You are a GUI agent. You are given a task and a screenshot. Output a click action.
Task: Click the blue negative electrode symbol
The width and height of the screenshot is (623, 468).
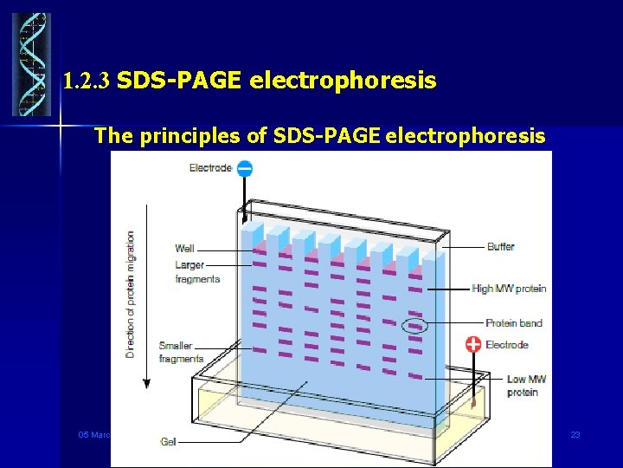[245, 169]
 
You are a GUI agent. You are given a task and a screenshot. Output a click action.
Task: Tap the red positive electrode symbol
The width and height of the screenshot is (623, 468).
[473, 344]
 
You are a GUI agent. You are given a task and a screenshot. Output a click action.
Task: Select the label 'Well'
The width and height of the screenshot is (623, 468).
[184, 249]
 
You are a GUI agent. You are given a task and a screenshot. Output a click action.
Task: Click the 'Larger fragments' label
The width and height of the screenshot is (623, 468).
[197, 272]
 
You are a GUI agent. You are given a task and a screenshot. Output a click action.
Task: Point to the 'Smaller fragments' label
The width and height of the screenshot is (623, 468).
[181, 352]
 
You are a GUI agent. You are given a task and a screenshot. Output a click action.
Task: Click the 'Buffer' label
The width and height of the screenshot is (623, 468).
[500, 247]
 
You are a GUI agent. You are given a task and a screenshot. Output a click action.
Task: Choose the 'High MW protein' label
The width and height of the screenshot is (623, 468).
[509, 289]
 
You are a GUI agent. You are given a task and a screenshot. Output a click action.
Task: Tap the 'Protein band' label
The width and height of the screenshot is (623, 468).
[513, 323]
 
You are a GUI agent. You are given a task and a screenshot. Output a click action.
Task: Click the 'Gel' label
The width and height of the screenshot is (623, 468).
[168, 441]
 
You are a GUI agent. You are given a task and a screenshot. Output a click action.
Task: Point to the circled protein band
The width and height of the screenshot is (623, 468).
[416, 326]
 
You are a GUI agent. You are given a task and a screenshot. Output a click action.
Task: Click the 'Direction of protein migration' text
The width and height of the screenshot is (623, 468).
[131, 294]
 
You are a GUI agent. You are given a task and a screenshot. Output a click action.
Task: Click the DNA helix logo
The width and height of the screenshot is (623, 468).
[31, 64]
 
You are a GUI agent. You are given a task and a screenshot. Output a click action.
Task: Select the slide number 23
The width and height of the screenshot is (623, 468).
[575, 434]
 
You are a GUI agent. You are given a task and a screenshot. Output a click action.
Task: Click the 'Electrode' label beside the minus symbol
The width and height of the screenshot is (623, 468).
[210, 168]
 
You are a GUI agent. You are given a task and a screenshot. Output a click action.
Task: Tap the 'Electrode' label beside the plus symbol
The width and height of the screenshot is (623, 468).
[506, 345]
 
